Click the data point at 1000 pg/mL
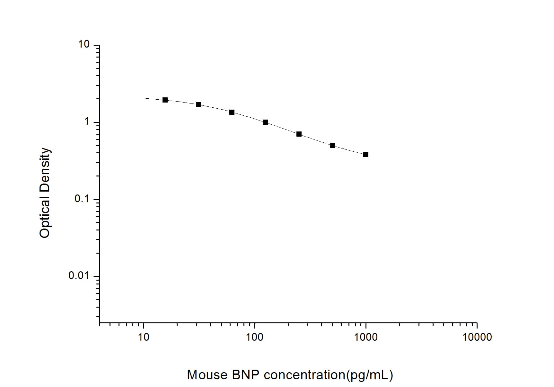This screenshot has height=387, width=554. pos(365,155)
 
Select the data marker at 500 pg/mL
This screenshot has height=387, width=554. pos(332,145)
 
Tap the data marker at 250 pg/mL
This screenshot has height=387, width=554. pos(299,134)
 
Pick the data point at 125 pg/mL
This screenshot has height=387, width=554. pos(265,122)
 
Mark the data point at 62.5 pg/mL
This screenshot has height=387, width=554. pos(232,112)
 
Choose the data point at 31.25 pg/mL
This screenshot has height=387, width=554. pos(198,104)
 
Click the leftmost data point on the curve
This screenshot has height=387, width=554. pos(165,100)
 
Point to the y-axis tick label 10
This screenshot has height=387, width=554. pos(84,44)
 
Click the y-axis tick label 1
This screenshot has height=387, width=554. pos(86,122)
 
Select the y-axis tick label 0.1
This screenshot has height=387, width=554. pos(82,199)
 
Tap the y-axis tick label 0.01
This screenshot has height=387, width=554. pos(79,275)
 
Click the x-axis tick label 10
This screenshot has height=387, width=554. pos(144,337)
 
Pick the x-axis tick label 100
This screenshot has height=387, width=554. pos(255,337)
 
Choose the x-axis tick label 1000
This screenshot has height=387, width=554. pos(366,337)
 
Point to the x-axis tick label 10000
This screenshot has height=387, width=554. pos(477,337)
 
